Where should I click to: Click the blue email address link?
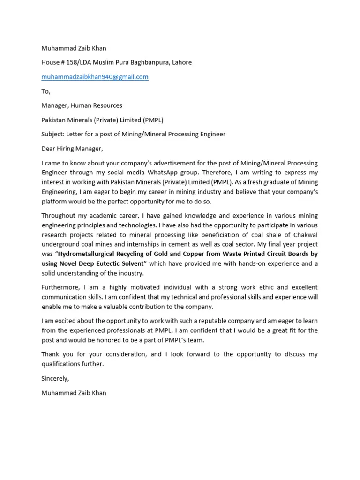coord(95,77)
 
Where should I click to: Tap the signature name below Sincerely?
coord(74,393)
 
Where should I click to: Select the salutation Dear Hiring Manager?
coord(72,149)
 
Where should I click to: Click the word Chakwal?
coord(304,235)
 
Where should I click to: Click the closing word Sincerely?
coord(55,378)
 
